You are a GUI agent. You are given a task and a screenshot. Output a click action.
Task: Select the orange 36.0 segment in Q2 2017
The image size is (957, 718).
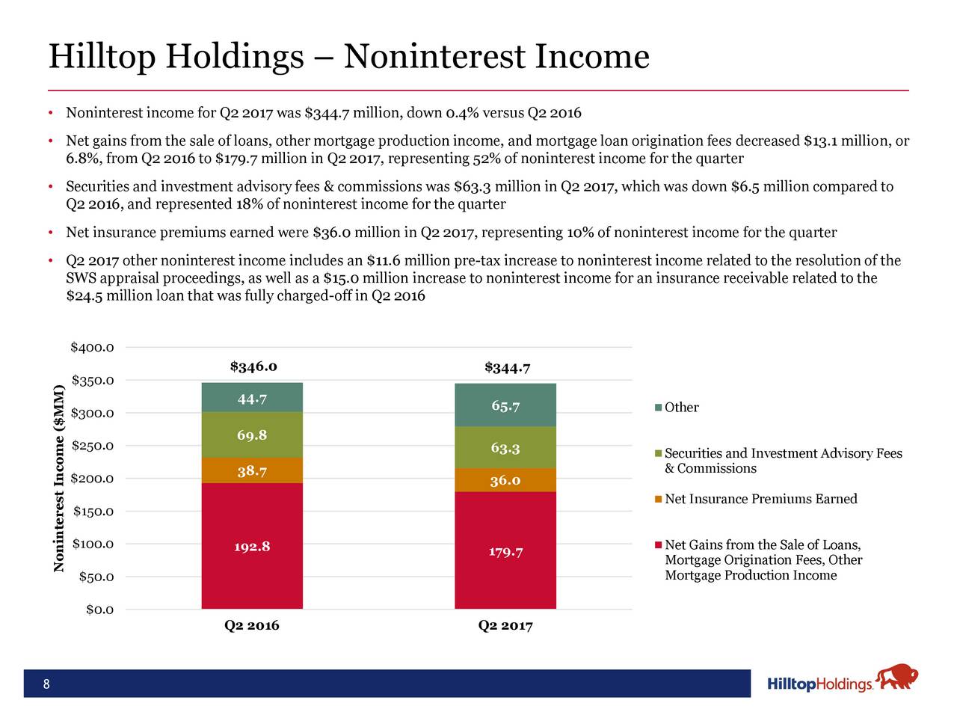(x=505, y=480)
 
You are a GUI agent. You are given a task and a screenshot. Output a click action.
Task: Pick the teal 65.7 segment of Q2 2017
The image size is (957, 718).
(x=505, y=405)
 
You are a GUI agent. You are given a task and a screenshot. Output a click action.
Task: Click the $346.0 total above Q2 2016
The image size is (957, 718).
(x=253, y=366)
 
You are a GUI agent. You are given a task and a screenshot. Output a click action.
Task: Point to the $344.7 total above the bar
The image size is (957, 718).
(x=508, y=367)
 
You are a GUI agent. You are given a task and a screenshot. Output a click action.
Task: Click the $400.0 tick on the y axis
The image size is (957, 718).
(x=92, y=348)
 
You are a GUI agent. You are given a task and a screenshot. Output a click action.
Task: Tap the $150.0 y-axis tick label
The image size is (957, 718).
(x=93, y=512)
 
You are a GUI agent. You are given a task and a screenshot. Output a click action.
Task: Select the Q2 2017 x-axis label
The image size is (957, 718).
(x=505, y=626)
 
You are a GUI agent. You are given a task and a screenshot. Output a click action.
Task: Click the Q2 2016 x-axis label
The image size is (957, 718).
(x=252, y=626)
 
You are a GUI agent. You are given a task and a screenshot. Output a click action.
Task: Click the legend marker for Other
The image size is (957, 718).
(x=658, y=408)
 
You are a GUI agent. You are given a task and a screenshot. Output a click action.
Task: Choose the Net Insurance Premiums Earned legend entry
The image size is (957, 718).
(x=760, y=499)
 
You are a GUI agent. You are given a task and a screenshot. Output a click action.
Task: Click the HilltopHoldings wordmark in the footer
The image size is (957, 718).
(x=819, y=685)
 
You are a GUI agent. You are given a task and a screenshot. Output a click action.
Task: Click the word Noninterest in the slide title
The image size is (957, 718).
(x=428, y=57)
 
